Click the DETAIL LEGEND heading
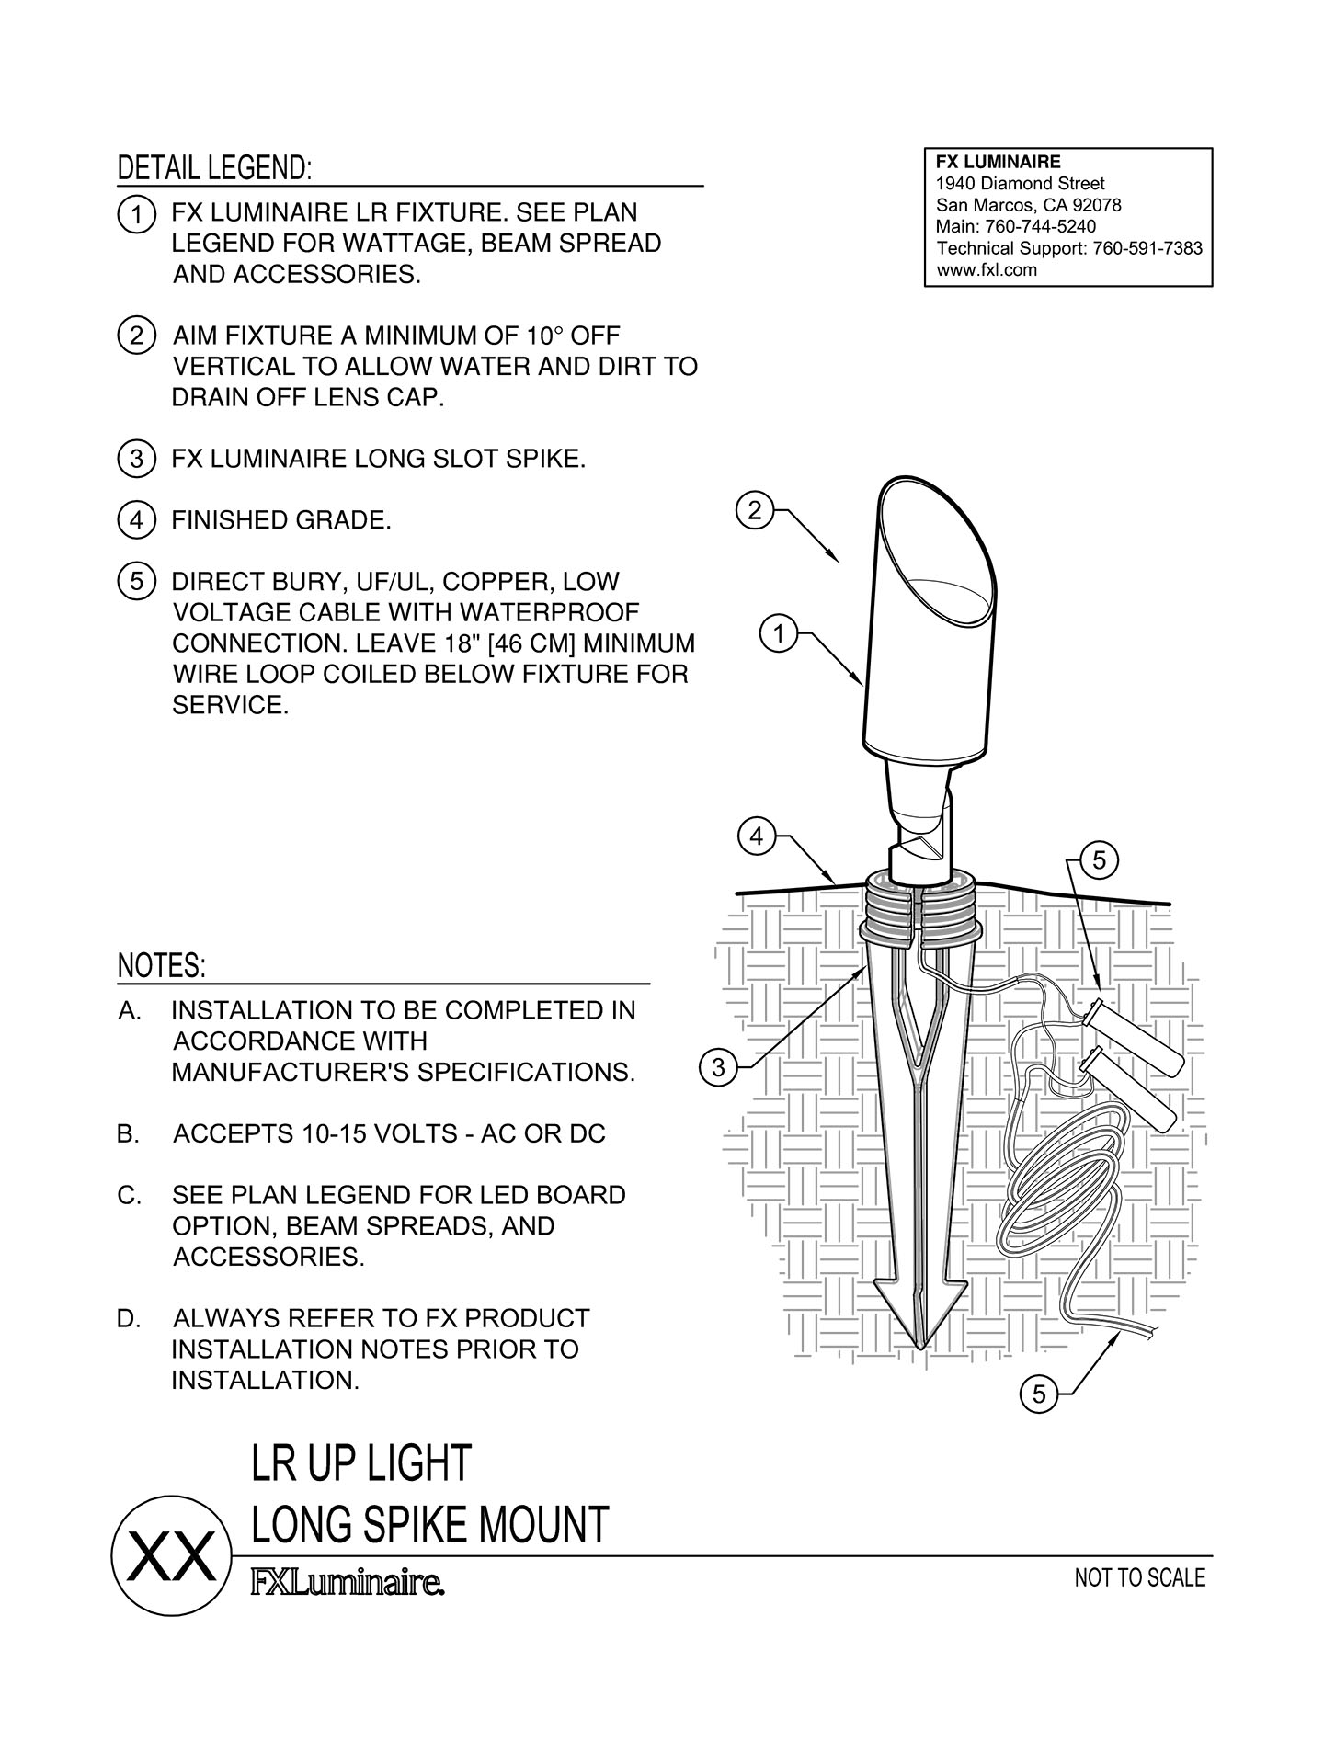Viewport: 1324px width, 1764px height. pyautogui.click(x=215, y=168)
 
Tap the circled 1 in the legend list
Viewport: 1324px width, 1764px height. pyautogui.click(x=135, y=215)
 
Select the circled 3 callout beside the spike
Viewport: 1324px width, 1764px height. pyautogui.click(x=718, y=1068)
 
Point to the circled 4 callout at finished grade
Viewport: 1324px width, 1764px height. pyautogui.click(x=756, y=837)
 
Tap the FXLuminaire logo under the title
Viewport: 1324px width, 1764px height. pyautogui.click(x=348, y=1584)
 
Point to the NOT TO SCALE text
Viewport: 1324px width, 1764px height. pyautogui.click(x=1139, y=1577)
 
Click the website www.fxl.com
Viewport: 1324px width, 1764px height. pyautogui.click(x=986, y=270)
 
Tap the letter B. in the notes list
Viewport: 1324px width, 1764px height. pyautogui.click(x=129, y=1134)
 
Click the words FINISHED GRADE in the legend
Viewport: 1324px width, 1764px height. pyautogui.click(x=281, y=520)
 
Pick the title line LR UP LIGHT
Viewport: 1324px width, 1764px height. pyautogui.click(x=361, y=1463)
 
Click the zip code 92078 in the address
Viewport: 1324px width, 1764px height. pyautogui.click(x=1097, y=205)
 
